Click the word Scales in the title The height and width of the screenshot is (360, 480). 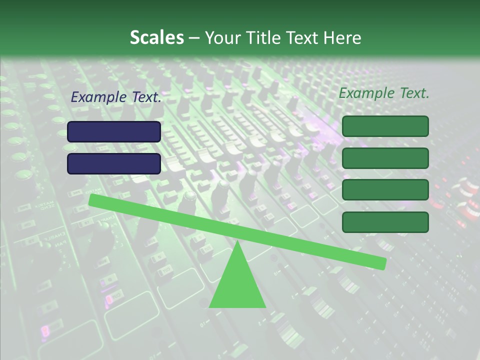tap(156, 38)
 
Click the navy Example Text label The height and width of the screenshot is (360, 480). tap(116, 97)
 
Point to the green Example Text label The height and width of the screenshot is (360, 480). tap(384, 93)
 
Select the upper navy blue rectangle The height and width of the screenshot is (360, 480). tap(114, 131)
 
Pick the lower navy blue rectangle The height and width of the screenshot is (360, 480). tap(114, 163)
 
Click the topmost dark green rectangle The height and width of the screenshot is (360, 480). tap(385, 126)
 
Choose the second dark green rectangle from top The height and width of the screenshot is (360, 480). tap(385, 158)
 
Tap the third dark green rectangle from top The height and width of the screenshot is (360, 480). tap(385, 190)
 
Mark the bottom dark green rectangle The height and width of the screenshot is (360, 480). tap(385, 222)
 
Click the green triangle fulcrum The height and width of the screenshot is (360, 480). tap(237, 282)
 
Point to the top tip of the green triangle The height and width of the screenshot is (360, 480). tap(237, 242)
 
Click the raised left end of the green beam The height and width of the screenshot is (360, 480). tap(93, 199)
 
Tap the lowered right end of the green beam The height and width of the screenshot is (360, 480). tap(382, 263)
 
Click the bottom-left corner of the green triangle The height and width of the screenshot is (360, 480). tap(210, 306)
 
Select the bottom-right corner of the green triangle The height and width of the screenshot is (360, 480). tap(265, 306)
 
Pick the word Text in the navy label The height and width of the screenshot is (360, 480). tap(146, 97)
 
